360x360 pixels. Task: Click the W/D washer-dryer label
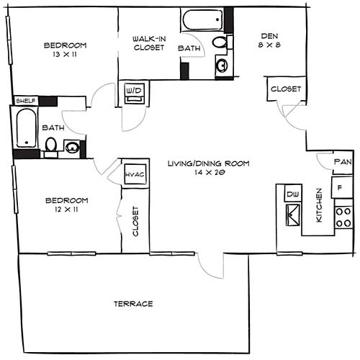134,91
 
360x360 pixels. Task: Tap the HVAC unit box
135,174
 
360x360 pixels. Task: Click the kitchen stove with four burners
343,217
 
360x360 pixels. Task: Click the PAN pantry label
343,162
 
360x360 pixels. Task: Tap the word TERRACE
133,304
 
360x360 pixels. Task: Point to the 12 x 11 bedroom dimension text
66,210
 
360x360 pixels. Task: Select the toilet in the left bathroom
50,146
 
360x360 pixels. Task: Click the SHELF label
25,101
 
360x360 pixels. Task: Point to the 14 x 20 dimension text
207,174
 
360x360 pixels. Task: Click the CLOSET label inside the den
285,89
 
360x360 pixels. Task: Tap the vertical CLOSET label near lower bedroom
135,222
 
